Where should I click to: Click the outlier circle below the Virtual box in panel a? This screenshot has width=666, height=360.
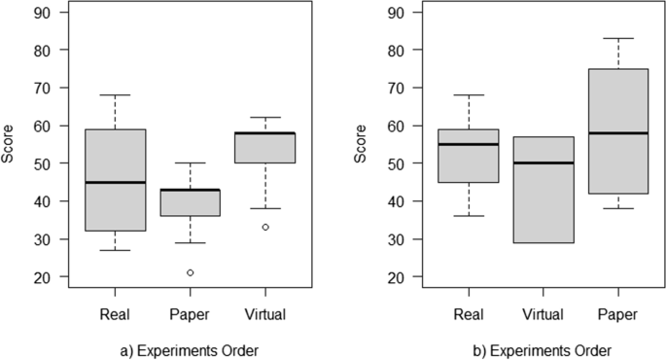(264, 227)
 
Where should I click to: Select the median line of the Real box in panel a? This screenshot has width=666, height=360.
(115, 182)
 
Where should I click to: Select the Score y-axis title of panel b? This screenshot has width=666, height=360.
(362, 144)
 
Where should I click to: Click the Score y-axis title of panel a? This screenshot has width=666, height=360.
(10, 144)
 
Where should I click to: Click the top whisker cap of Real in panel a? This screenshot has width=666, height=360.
(115, 95)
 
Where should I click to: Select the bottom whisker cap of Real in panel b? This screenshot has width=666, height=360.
(469, 216)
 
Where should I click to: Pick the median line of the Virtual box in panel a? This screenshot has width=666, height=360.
(264, 133)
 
